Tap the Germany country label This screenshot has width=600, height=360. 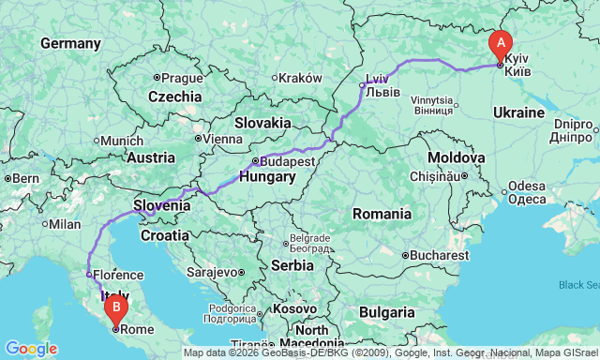click(70, 44)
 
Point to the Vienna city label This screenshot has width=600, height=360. click(223, 139)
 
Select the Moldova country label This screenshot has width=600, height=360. click(456, 157)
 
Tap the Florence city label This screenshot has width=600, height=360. click(117, 276)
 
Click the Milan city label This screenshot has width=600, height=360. click(65, 224)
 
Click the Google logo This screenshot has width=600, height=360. click(30, 349)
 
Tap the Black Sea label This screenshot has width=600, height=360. click(577, 285)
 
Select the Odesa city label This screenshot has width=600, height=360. click(528, 192)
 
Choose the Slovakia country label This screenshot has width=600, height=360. click(262, 123)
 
